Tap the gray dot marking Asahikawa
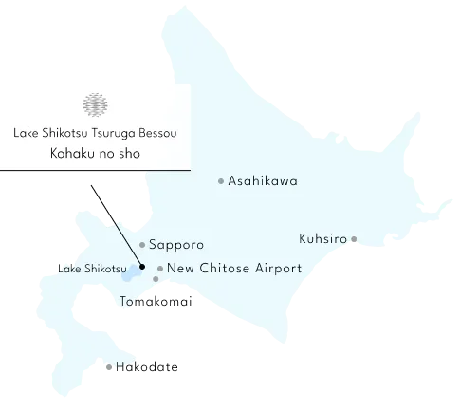point(221,180)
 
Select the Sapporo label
point(176,245)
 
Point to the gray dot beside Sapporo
point(141,245)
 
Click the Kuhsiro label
point(322,237)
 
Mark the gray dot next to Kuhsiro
point(353,239)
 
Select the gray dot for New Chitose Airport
point(160,269)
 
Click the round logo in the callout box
point(93,103)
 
